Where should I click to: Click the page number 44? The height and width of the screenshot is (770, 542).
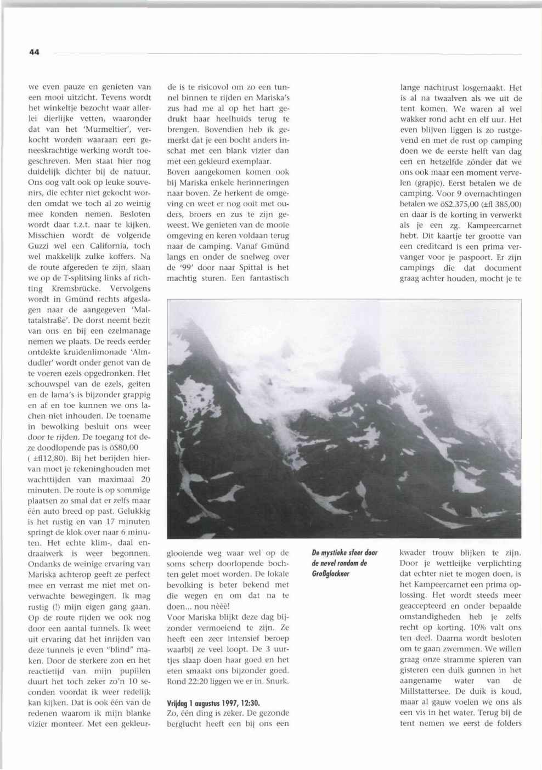click(x=34, y=52)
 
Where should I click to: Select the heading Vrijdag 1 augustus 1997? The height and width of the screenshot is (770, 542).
click(x=213, y=702)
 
